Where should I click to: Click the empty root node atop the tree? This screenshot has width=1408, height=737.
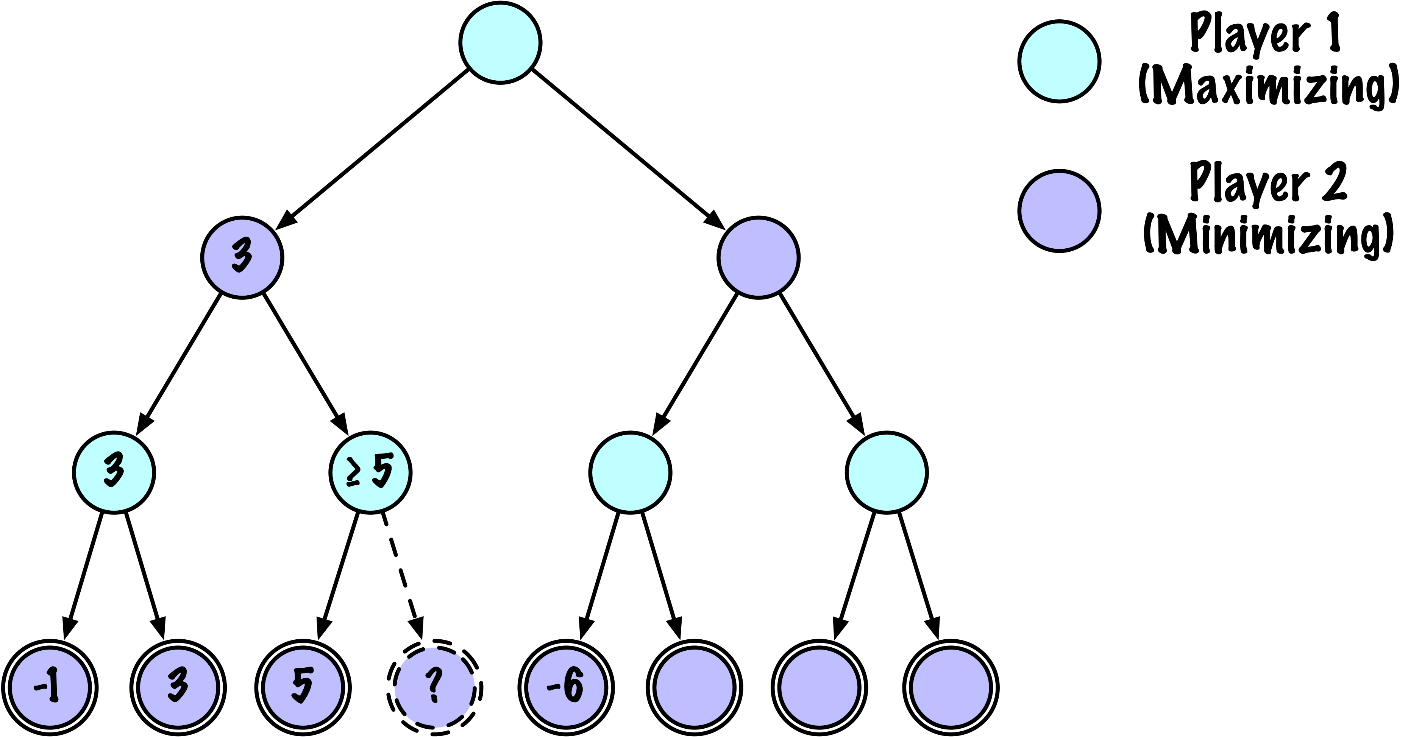click(500, 43)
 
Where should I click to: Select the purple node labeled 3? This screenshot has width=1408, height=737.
click(242, 257)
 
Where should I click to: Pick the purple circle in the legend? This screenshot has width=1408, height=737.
click(1059, 210)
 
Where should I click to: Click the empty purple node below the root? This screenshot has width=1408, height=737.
click(758, 257)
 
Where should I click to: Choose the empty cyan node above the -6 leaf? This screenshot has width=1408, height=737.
click(630, 472)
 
